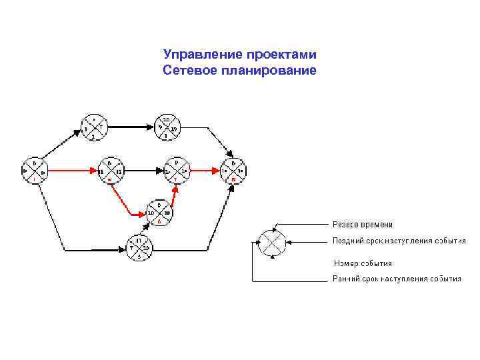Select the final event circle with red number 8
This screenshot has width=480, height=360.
point(233,171)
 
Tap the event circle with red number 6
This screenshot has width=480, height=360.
point(159,213)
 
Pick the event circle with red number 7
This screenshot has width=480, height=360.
point(175,171)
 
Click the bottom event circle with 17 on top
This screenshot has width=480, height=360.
point(138,248)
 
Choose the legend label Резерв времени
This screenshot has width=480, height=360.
point(363,225)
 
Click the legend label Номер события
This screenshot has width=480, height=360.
point(363,263)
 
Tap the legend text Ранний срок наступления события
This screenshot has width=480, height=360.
point(397,279)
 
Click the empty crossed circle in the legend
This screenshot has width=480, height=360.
point(272,241)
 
